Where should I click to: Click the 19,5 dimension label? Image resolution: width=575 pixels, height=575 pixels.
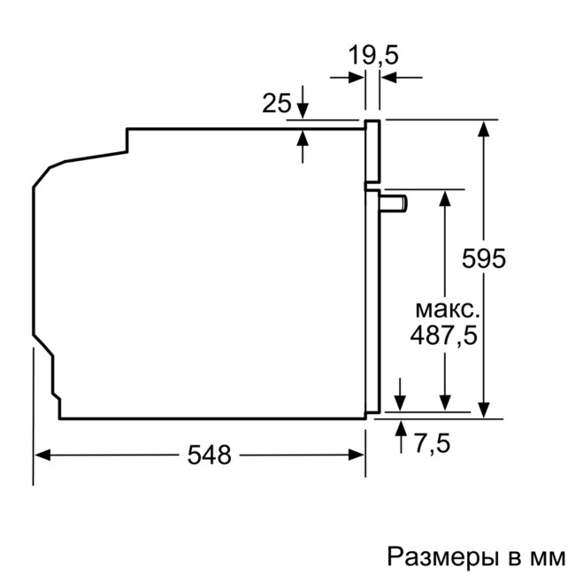click(x=372, y=55)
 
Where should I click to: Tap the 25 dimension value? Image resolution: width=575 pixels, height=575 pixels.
click(x=276, y=103)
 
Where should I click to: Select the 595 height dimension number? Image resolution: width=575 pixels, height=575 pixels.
click(x=485, y=258)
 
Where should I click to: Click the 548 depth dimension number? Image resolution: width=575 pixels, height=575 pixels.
click(x=210, y=455)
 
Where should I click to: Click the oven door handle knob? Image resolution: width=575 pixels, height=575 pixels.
click(x=395, y=203)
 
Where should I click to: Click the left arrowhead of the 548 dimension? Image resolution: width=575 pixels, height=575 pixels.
click(x=42, y=455)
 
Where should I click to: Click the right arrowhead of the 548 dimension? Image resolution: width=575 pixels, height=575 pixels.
click(x=357, y=455)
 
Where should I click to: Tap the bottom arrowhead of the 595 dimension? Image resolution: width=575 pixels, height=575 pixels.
click(x=484, y=408)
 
